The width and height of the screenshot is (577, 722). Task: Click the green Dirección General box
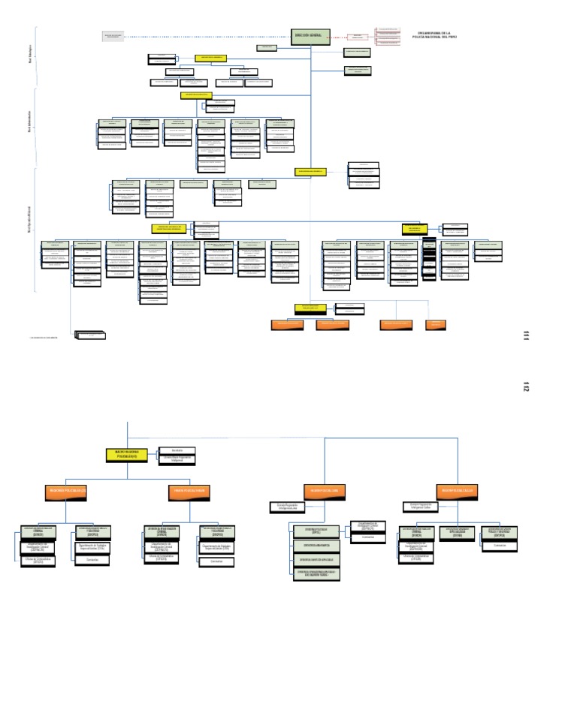tap(310, 37)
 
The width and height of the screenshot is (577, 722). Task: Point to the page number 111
tap(526, 335)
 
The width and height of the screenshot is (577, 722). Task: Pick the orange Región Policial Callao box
tap(458, 491)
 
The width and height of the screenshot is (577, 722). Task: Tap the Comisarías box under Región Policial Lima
tap(367, 537)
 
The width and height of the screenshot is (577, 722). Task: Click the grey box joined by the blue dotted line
tap(113, 36)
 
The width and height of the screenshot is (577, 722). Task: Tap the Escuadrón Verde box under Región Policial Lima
tap(317, 573)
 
